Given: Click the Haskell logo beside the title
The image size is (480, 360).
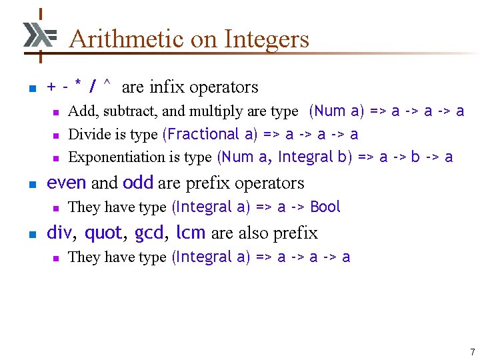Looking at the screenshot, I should point(39,35).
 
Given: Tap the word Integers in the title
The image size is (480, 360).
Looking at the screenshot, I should point(267,39).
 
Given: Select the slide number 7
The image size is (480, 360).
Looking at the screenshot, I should point(472,351).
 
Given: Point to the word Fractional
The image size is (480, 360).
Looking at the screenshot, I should point(204,134).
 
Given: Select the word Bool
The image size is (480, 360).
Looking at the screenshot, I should point(325,207).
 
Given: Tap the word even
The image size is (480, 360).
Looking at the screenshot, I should point(67,183).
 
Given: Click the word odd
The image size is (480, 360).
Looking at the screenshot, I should point(138,183).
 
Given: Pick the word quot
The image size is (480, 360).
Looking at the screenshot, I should point(103,233).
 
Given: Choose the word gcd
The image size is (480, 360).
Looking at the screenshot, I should point(148,233).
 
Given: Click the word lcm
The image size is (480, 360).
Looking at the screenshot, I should point(191,233).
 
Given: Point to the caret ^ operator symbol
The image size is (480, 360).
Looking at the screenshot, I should point(107,85).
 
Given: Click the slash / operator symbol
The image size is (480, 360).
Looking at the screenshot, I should point(93,87).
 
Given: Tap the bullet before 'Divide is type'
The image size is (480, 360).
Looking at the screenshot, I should point(57,135).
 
